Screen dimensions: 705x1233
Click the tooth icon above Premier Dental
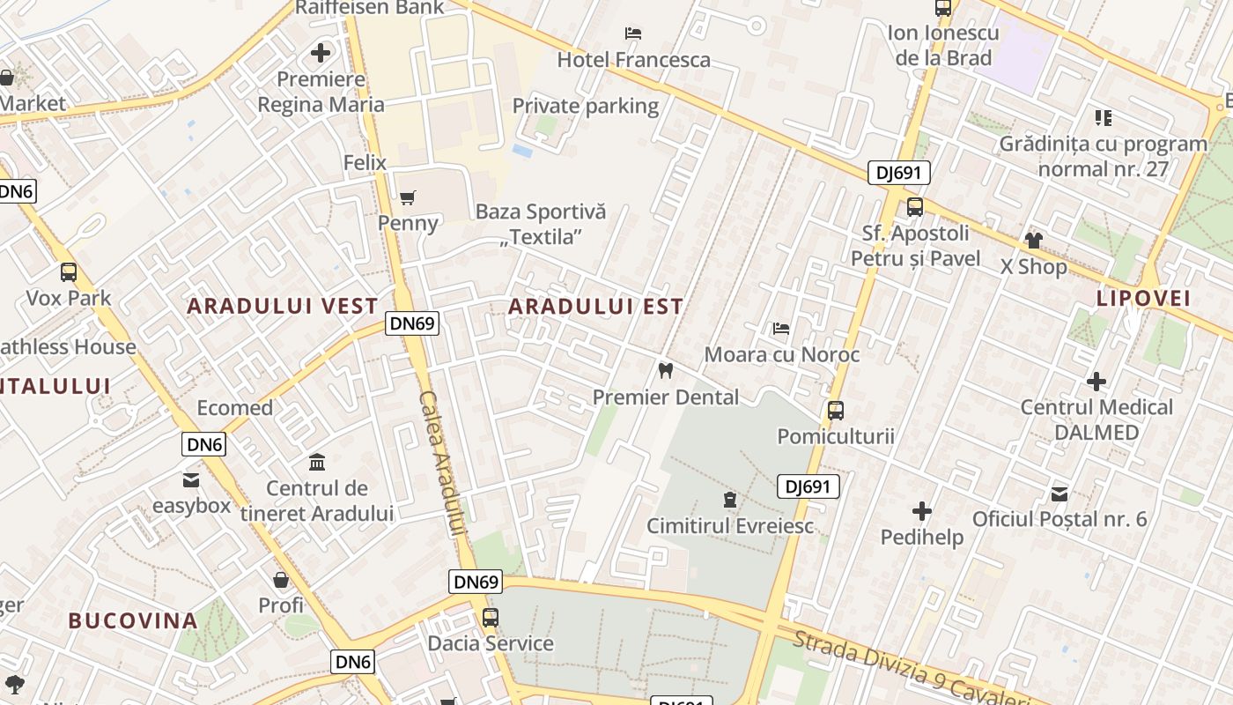[666, 371]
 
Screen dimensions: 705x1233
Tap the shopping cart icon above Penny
[407, 197]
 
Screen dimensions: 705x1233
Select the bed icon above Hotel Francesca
[632, 33]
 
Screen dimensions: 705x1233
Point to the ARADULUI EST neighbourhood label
[595, 307]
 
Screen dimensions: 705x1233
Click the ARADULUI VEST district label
[283, 307]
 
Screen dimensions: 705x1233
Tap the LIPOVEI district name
[1143, 298]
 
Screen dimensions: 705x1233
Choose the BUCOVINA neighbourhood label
[133, 620]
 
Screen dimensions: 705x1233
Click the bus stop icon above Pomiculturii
[835, 411]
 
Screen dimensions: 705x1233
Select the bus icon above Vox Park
[68, 272]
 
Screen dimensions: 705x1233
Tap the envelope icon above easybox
[191, 480]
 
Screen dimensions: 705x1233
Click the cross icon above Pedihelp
[921, 511]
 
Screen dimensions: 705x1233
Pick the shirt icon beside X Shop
[1033, 240]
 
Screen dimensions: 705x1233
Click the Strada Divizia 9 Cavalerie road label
[912, 667]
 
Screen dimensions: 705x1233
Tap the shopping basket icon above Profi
[281, 580]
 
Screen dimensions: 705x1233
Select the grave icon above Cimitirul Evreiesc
[729, 501]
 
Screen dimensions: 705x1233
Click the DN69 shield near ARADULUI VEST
[412, 323]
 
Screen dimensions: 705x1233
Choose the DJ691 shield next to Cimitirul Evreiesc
[808, 486]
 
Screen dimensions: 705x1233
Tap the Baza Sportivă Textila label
[541, 224]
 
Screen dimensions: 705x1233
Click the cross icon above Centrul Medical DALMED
[1096, 382]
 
